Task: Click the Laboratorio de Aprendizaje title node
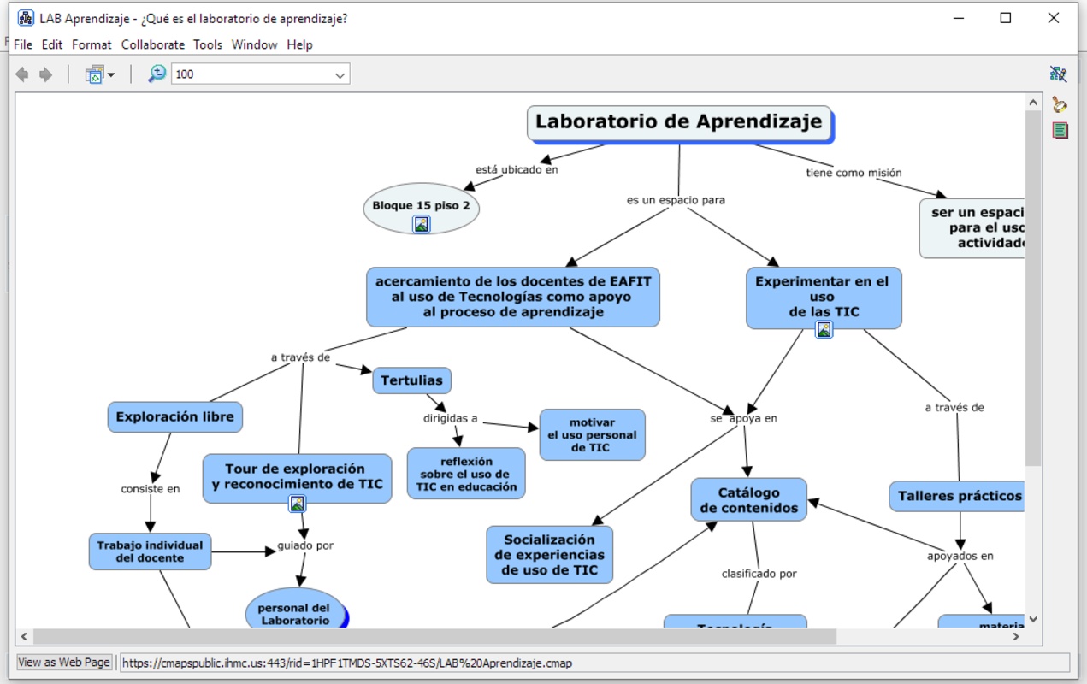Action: (678, 122)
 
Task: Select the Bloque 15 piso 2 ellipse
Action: (421, 205)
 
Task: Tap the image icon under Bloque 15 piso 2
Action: (422, 224)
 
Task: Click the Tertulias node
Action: (411, 380)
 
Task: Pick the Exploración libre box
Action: (174, 417)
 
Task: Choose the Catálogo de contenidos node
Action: (748, 500)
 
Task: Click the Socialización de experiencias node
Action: (549, 554)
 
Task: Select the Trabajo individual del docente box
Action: (150, 551)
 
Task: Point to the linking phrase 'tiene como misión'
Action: (854, 173)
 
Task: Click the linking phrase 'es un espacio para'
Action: (676, 200)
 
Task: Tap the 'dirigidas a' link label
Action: (450, 419)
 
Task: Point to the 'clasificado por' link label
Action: (759, 574)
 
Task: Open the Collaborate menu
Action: (152, 44)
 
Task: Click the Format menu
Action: (92, 44)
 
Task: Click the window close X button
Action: (1054, 18)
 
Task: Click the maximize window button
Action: (1006, 18)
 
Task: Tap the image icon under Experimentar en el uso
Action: (824, 329)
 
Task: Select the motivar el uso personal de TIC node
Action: (592, 434)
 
